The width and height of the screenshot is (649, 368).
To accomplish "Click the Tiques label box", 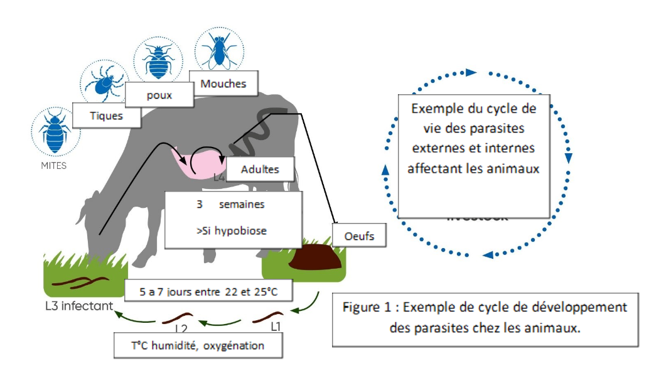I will [x=106, y=116].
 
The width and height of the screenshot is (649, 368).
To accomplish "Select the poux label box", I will [x=159, y=95].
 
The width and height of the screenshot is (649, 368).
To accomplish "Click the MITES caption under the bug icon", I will [x=53, y=166].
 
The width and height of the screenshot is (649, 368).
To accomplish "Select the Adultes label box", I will [x=260, y=170].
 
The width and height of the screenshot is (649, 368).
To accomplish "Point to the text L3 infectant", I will [x=80, y=306].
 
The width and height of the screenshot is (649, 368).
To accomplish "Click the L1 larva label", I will [x=276, y=327].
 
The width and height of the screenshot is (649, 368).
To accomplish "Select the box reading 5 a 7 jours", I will [x=210, y=291].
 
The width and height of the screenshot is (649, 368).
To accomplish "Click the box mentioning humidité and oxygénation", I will [x=198, y=345].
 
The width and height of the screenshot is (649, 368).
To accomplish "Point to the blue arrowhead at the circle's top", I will [x=471, y=73].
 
